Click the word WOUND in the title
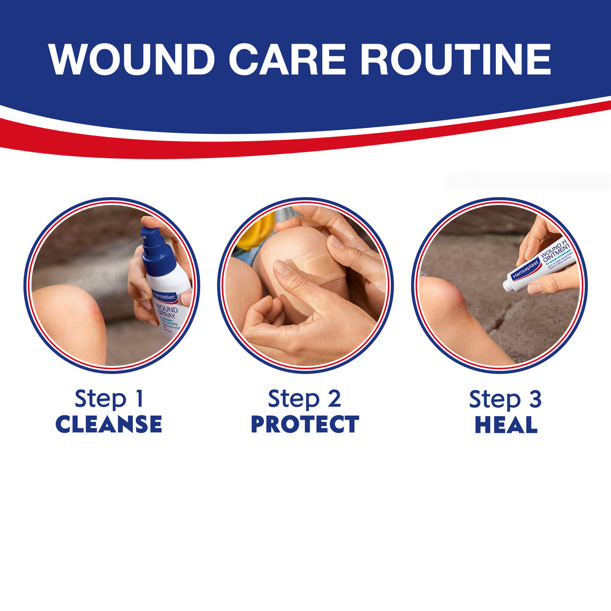[x=131, y=60]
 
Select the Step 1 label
[x=109, y=399]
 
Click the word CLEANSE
[x=109, y=425]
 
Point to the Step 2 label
[x=304, y=399]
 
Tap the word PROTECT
[x=305, y=425]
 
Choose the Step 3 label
[x=505, y=399]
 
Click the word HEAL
[x=506, y=425]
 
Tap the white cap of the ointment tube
[x=509, y=285]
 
